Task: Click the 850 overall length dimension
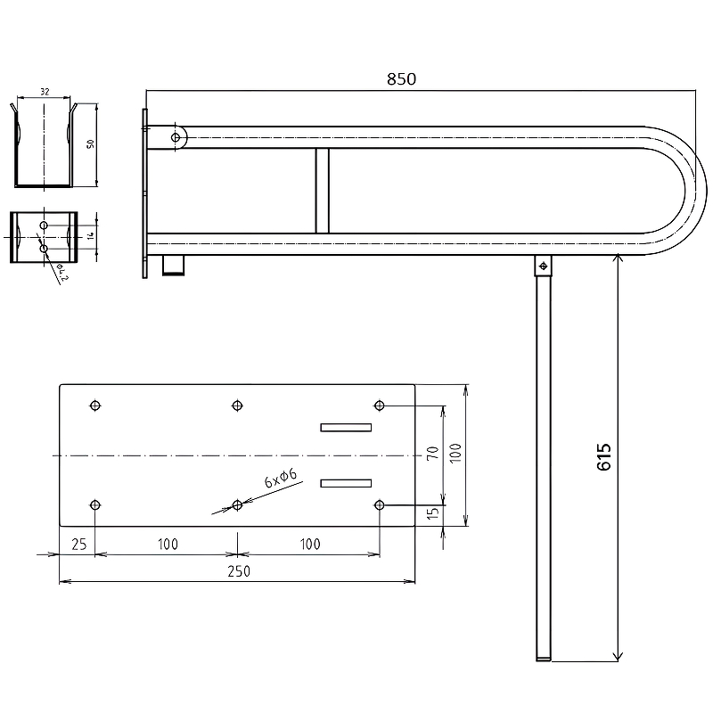tap(401, 79)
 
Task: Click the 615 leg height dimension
tap(604, 456)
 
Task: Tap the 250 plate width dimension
tap(239, 571)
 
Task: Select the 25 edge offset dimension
tap(79, 544)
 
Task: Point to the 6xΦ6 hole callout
tap(281, 478)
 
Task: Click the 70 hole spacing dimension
tap(432, 453)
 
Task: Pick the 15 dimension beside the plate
tap(433, 513)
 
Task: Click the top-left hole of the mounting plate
tap(95, 406)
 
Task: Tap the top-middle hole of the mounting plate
tap(237, 406)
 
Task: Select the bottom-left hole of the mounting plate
tap(95, 504)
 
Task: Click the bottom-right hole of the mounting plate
tap(380, 504)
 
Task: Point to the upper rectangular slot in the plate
tap(346, 428)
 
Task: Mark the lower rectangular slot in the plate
tap(346, 483)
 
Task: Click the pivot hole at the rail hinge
tap(176, 137)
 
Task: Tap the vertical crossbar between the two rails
tap(323, 191)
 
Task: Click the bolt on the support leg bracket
tap(543, 266)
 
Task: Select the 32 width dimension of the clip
tap(45, 92)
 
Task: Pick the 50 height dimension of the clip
tap(91, 143)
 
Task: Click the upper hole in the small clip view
tap(44, 225)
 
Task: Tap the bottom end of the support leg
tap(543, 659)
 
